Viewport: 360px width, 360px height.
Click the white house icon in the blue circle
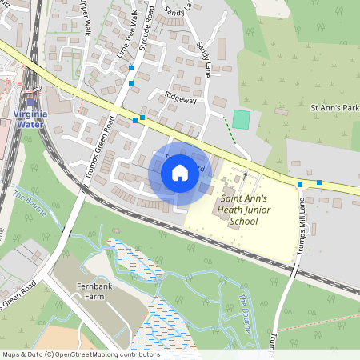(x=180, y=172)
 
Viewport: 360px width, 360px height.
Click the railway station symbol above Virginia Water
(x=31, y=102)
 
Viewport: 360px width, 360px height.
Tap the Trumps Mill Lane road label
(x=302, y=231)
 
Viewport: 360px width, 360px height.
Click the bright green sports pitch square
(x=241, y=119)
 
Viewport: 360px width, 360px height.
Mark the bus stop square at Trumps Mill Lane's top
(x=300, y=185)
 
